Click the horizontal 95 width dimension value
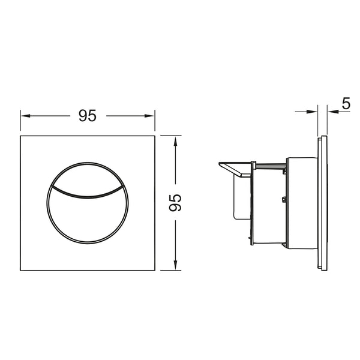pos(88,116)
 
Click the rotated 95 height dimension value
pos(175,203)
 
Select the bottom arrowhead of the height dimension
pos(175,266)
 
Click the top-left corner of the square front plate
pos(21,136)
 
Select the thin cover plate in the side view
pos(323,203)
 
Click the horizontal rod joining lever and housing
pos(270,163)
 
